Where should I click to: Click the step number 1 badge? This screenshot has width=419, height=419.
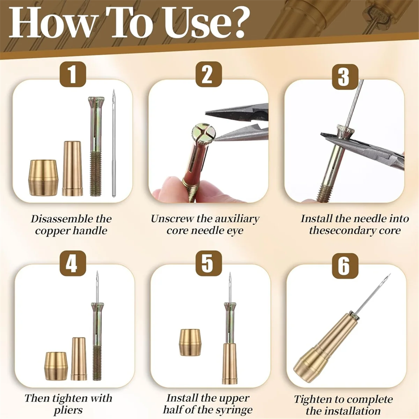(72, 74)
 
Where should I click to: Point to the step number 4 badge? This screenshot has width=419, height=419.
(72, 264)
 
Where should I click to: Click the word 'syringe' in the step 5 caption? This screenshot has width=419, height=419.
(234, 410)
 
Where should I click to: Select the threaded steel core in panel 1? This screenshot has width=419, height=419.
(95, 147)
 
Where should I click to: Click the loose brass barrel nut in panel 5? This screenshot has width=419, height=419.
(190, 342)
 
